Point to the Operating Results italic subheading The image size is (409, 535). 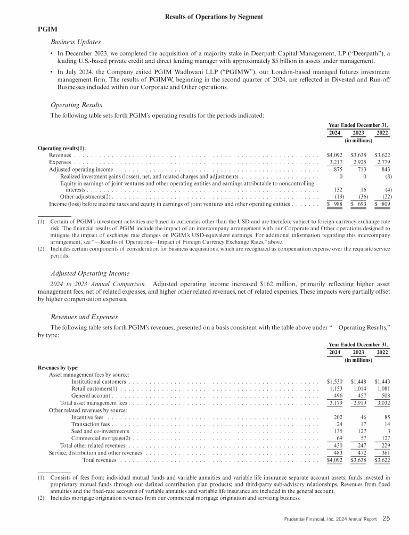pyautogui.click(x=76, y=104)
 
